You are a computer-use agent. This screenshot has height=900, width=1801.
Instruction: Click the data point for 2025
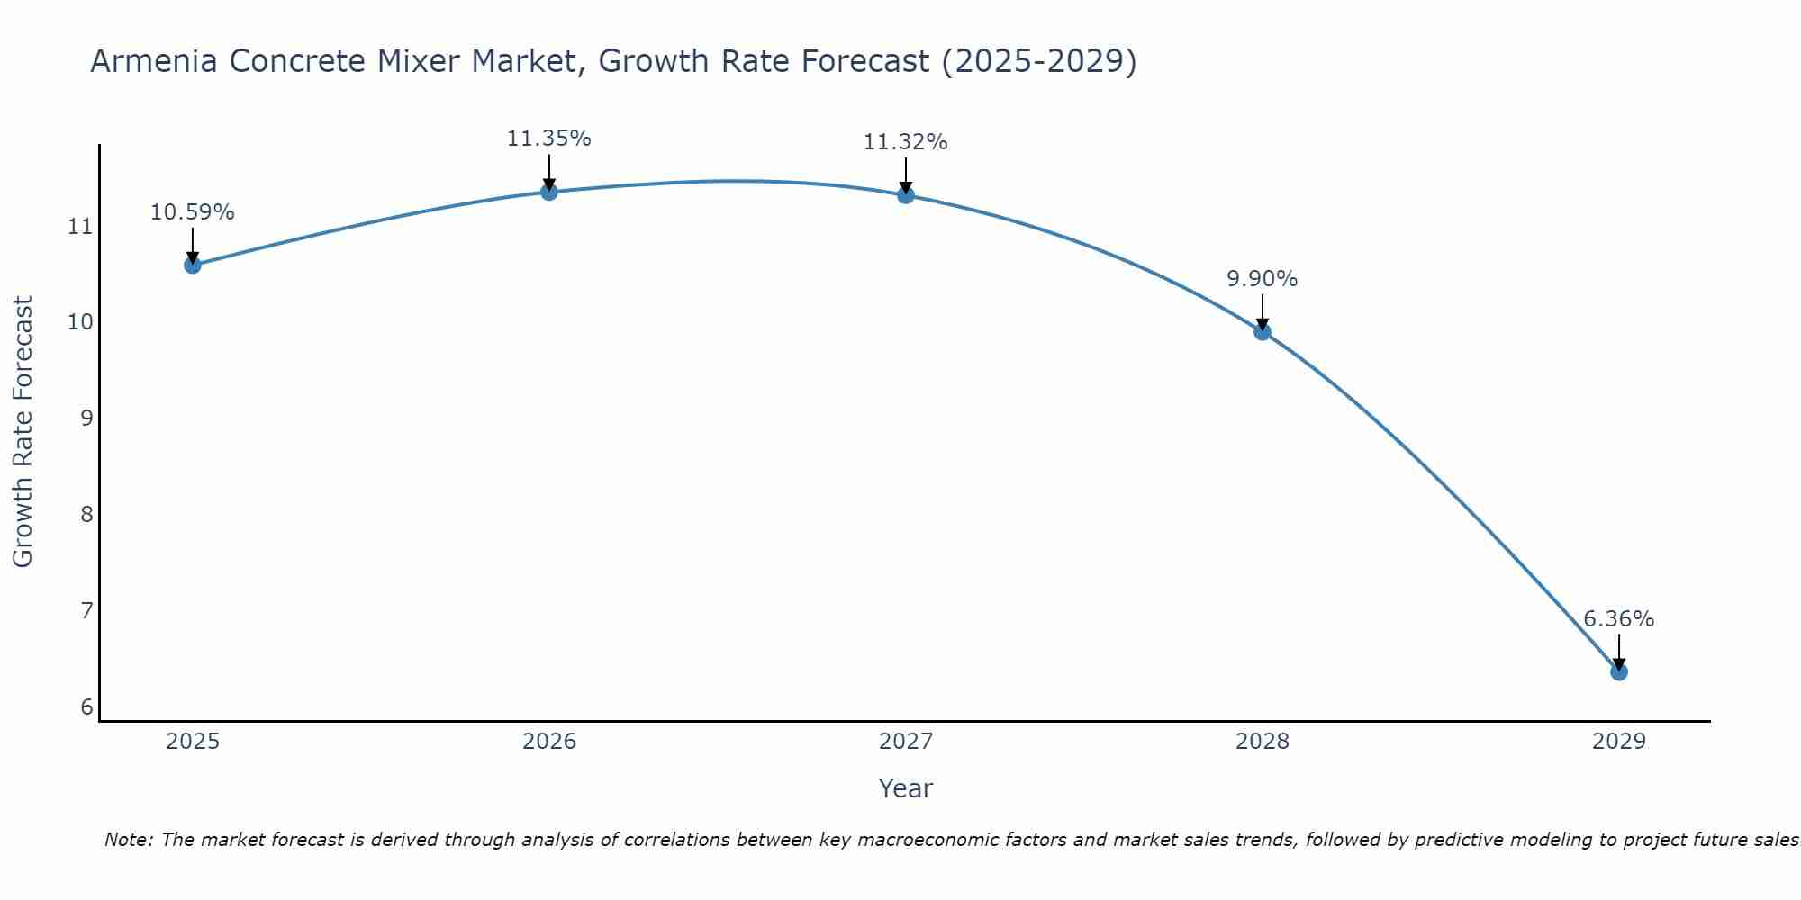pyautogui.click(x=192, y=265)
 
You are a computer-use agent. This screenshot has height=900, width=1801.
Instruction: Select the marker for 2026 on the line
pyautogui.click(x=548, y=192)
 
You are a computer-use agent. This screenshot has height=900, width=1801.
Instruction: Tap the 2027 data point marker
pyautogui.click(x=906, y=194)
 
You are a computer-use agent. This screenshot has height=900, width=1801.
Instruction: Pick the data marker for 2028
pyautogui.click(x=1263, y=331)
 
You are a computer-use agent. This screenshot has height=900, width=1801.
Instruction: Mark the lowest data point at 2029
pyautogui.click(x=1618, y=671)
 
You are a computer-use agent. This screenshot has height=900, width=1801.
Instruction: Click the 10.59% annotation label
pyautogui.click(x=192, y=212)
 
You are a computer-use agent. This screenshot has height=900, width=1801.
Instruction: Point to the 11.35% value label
pyautogui.click(x=548, y=139)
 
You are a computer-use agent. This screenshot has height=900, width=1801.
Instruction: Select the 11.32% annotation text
pyautogui.click(x=905, y=142)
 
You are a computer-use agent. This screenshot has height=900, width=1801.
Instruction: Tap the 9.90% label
pyautogui.click(x=1262, y=279)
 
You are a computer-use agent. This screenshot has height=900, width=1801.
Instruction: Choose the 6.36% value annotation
pyautogui.click(x=1618, y=619)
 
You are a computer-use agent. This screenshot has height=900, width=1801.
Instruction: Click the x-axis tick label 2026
pyautogui.click(x=549, y=742)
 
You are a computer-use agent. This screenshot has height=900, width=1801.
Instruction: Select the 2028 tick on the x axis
pyautogui.click(x=1263, y=742)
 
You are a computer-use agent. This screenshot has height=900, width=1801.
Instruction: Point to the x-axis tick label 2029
pyautogui.click(x=1618, y=742)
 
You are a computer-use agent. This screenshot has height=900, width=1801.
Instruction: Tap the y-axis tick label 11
pyautogui.click(x=80, y=226)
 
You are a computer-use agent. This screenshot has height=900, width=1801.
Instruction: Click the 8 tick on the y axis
pyautogui.click(x=86, y=515)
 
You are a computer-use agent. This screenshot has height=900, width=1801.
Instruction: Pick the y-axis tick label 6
pyautogui.click(x=86, y=707)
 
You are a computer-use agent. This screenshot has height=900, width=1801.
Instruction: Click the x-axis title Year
pyautogui.click(x=905, y=788)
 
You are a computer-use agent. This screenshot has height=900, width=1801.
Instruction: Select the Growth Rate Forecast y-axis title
pyautogui.click(x=23, y=431)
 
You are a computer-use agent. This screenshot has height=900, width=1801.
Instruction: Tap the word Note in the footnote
pyautogui.click(x=128, y=840)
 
